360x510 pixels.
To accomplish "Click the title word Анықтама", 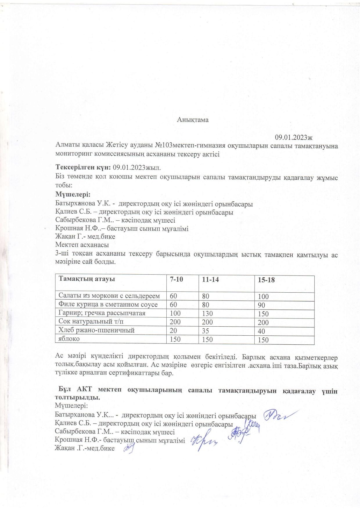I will pyautogui.click(x=193, y=120).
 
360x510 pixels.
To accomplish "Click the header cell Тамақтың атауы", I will pyautogui.click(x=87, y=279).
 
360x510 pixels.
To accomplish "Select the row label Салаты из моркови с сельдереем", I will pyautogui.click(x=109, y=296).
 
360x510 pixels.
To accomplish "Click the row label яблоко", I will pyautogui.click(x=69, y=339).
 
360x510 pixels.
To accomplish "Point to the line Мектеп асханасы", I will pyautogui.click(x=82, y=245).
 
